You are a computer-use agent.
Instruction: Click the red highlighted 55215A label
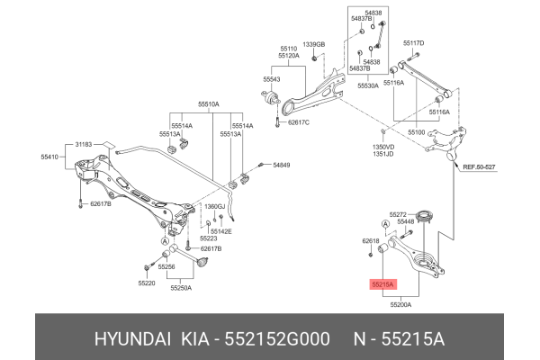[382, 284]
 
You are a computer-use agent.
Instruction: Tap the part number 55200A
[401, 305]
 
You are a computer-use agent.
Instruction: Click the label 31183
[83, 144]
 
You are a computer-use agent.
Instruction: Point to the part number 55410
[49, 156]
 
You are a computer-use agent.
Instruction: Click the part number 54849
[282, 166]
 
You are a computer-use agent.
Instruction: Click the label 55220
[147, 283]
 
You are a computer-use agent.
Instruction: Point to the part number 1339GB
[313, 44]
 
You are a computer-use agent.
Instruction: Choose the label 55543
[272, 80]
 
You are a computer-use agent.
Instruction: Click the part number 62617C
[298, 122]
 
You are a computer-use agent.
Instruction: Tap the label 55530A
[367, 85]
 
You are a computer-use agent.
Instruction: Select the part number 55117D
[414, 43]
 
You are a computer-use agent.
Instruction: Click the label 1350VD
[384, 146]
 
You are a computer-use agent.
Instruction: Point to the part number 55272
[399, 214]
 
